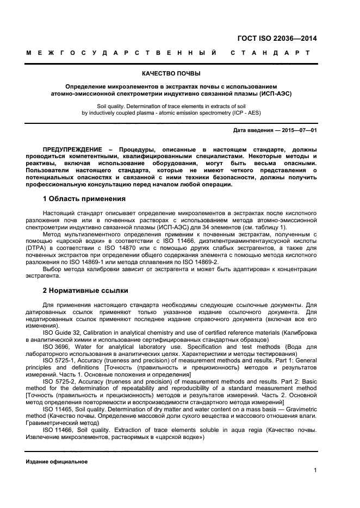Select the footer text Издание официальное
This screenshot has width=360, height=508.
pyautogui.click(x=57, y=462)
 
